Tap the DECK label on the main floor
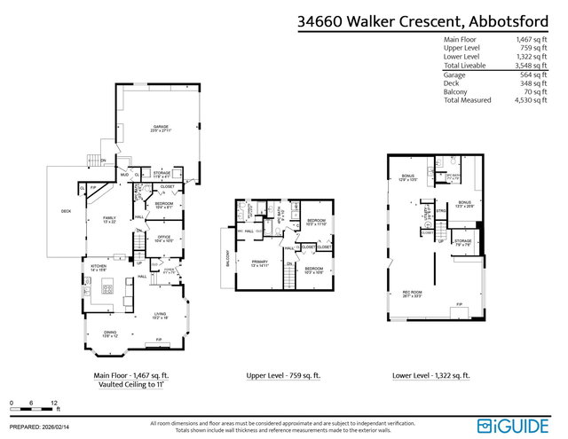point(66,210)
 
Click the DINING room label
point(110,333)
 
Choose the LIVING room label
point(161,314)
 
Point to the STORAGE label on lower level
point(463,240)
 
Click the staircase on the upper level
point(288,278)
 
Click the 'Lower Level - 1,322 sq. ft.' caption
point(431,376)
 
